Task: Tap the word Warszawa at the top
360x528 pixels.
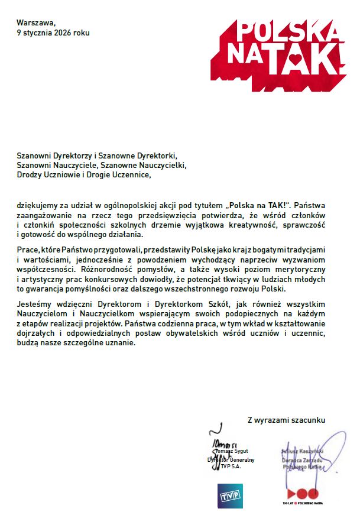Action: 34,22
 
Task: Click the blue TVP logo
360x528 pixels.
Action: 230,495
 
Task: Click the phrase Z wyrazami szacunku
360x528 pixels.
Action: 286,420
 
